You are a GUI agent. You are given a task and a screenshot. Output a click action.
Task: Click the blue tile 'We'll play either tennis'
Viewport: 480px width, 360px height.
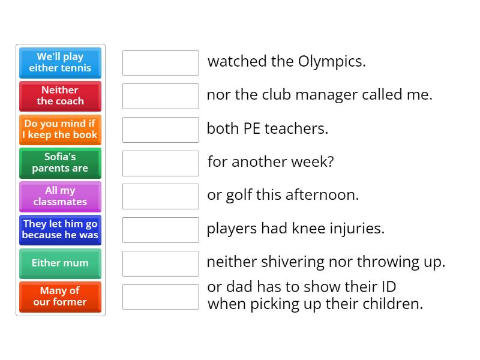pyautogui.click(x=60, y=62)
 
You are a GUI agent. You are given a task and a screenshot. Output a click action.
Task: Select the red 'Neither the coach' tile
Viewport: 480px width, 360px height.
pyautogui.click(x=60, y=96)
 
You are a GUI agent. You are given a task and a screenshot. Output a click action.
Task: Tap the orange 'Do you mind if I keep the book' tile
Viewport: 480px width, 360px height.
pyautogui.click(x=60, y=130)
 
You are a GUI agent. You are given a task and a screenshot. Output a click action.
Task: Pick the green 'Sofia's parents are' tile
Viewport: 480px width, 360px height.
pyautogui.click(x=60, y=163)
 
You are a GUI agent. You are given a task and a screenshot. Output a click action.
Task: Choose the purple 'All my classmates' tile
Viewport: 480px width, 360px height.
pyautogui.click(x=60, y=196)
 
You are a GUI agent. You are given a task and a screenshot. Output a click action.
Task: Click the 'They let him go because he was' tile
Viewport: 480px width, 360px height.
pyautogui.click(x=60, y=230)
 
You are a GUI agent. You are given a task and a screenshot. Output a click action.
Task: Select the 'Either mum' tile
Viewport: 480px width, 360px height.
pyautogui.click(x=60, y=263)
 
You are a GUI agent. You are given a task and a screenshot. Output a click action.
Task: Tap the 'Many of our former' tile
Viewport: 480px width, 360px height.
pyautogui.click(x=60, y=297)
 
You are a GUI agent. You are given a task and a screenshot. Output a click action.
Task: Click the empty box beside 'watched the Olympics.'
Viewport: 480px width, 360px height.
pyautogui.click(x=160, y=63)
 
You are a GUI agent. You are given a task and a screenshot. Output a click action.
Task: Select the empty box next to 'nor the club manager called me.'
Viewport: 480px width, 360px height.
pyautogui.click(x=160, y=96)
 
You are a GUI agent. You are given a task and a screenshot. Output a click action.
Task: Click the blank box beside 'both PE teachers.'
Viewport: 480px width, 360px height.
pyautogui.click(x=160, y=130)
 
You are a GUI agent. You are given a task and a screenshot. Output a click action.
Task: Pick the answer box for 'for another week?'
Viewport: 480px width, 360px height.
pyautogui.click(x=160, y=163)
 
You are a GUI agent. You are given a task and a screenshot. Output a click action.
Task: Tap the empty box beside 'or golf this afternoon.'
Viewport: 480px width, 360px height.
pyautogui.click(x=160, y=196)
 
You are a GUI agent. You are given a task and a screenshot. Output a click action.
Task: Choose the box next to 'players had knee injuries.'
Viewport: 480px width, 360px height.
pyautogui.click(x=160, y=230)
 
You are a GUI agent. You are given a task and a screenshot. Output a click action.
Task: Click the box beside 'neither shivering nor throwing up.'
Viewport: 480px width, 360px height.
pyautogui.click(x=160, y=263)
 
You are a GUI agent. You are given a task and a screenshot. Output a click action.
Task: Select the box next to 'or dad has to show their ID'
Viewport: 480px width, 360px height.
pyautogui.click(x=160, y=297)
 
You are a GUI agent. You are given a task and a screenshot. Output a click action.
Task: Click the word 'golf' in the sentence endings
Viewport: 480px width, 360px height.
pyautogui.click(x=239, y=196)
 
